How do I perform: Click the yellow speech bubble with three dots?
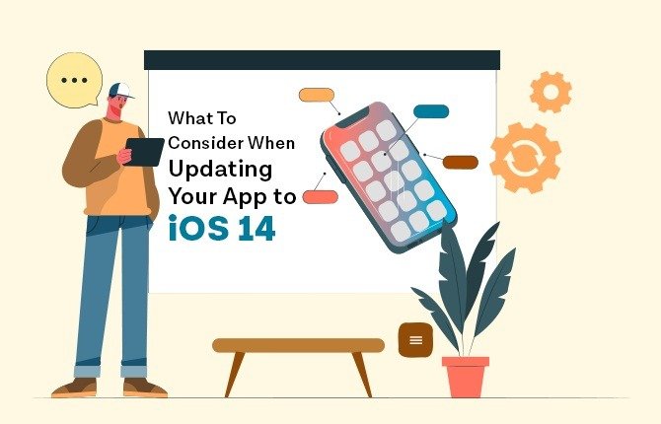point(75,80)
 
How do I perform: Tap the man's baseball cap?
point(120,91)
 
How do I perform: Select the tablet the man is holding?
point(144,152)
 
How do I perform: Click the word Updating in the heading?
point(220,170)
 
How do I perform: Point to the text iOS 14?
point(222,228)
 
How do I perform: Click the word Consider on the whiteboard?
point(206,143)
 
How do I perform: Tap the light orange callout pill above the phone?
point(316,95)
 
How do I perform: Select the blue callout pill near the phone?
point(431,111)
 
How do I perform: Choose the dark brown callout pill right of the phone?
point(461,163)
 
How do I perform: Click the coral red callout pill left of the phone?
point(321,197)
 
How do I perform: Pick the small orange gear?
point(551,92)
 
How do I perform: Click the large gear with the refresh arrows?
point(525,158)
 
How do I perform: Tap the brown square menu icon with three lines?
point(415,340)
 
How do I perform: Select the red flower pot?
point(466,377)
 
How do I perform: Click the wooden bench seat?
point(299,345)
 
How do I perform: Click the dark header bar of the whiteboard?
point(322,60)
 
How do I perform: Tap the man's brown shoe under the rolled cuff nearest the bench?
point(145,388)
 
